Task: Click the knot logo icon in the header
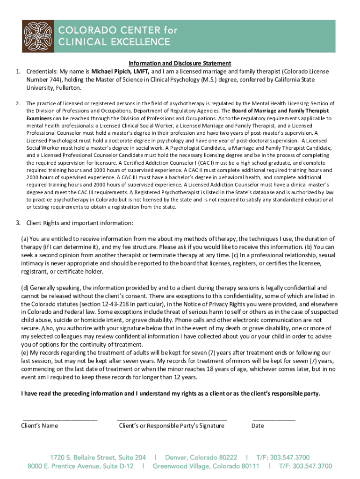point(38,36)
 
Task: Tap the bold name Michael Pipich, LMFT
point(120,72)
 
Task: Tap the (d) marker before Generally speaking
point(25,288)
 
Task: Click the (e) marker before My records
point(25,353)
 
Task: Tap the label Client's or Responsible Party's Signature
point(172,426)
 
